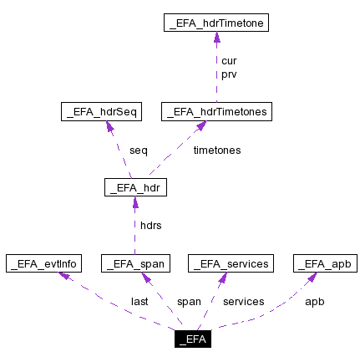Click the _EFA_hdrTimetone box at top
(217, 24)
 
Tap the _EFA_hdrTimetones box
(216, 110)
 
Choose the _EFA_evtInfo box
(43, 263)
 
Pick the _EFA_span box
(135, 263)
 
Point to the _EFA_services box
(231, 263)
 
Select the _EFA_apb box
(325, 263)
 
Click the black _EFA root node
(192, 339)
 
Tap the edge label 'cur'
(228, 62)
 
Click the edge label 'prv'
(228, 74)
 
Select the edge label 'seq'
(138, 150)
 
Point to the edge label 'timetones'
(217, 150)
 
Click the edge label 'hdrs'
(150, 226)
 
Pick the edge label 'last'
(139, 301)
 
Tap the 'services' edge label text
(244, 301)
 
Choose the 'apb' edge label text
(314, 301)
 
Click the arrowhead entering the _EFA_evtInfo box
(61, 277)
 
